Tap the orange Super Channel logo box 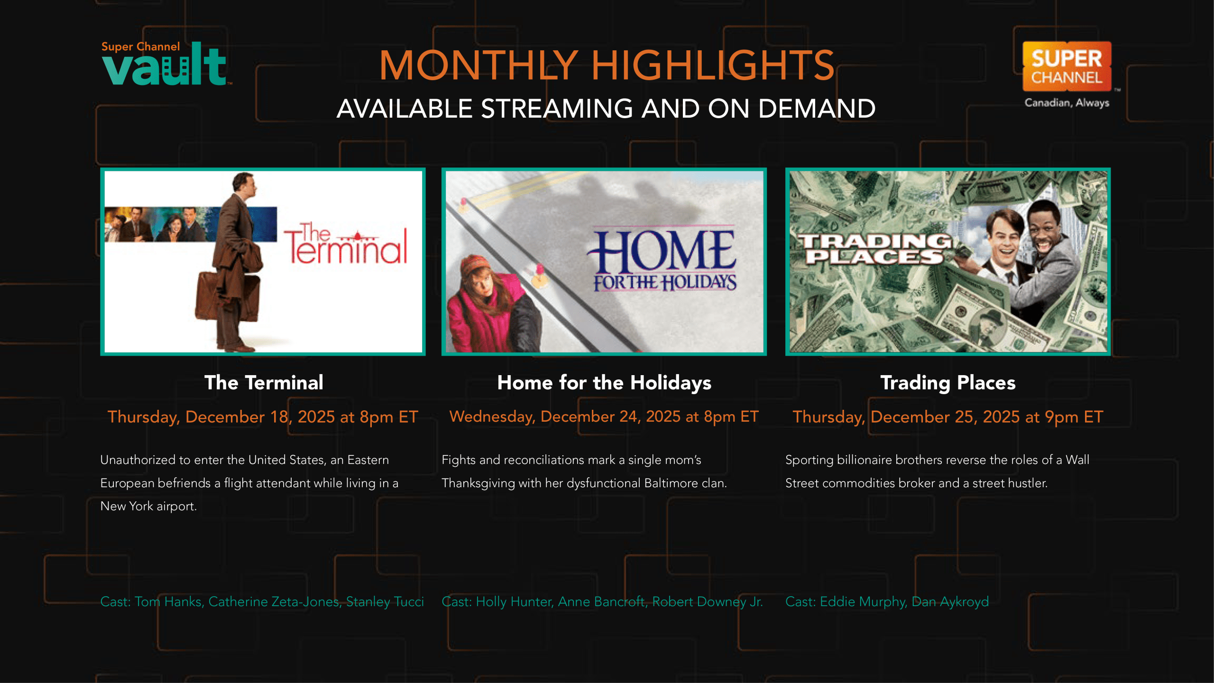click(x=1067, y=66)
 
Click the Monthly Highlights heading click(x=607, y=65)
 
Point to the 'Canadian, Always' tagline click(x=1067, y=103)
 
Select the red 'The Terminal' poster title click(x=346, y=244)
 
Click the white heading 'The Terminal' click(x=264, y=382)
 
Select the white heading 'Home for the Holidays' click(x=604, y=382)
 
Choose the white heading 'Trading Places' click(x=948, y=383)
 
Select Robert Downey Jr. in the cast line click(x=708, y=601)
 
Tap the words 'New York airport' click(x=148, y=506)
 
